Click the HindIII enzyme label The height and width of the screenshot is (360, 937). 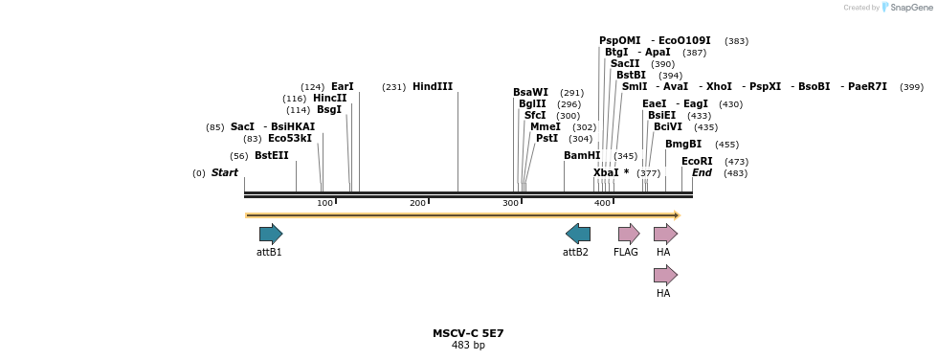pyautogui.click(x=433, y=87)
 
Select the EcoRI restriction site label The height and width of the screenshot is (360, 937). pyautogui.click(x=697, y=162)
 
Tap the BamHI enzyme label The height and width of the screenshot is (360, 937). pyautogui.click(x=582, y=156)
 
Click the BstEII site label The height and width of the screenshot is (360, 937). pyautogui.click(x=271, y=156)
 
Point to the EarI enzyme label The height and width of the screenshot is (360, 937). pyautogui.click(x=343, y=87)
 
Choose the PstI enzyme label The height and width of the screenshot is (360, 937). pyautogui.click(x=547, y=139)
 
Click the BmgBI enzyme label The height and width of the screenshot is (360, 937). pyautogui.click(x=683, y=145)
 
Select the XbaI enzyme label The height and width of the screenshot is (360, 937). pyautogui.click(x=607, y=173)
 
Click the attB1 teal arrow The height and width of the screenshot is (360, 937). pyautogui.click(x=271, y=234)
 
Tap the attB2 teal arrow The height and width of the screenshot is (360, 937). pyautogui.click(x=578, y=234)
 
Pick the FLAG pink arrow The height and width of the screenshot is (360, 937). pyautogui.click(x=629, y=234)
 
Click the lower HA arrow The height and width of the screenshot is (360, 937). pyautogui.click(x=665, y=276)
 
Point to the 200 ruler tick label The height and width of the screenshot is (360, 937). pyautogui.click(x=418, y=203)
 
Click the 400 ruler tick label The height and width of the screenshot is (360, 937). pyautogui.click(x=602, y=203)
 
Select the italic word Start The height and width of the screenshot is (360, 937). pyautogui.click(x=225, y=173)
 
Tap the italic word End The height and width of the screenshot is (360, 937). pyautogui.click(x=702, y=173)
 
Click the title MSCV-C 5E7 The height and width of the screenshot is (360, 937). pyautogui.click(x=468, y=334)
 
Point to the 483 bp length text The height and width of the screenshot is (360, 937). pyautogui.click(x=468, y=346)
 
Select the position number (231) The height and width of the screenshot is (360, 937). pyautogui.click(x=394, y=87)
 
